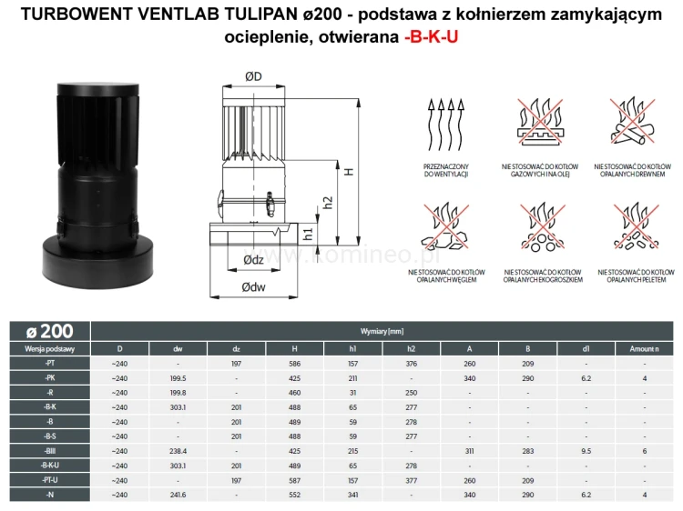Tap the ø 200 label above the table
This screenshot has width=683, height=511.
pos(50,331)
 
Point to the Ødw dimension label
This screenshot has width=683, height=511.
pos(253,286)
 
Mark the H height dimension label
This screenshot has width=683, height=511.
pos(348,170)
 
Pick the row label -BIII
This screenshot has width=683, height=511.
pos(50,450)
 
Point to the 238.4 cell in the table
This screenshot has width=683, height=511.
pos(178,450)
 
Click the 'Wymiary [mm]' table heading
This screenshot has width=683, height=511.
pos(382,332)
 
